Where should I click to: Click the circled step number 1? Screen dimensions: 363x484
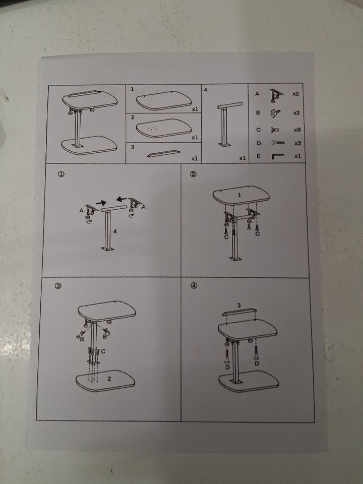61,174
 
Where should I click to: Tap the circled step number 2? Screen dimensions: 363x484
193,174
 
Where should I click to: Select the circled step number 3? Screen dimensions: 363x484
57,286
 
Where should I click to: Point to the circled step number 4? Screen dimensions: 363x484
194,286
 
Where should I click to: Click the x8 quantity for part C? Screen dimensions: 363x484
297,130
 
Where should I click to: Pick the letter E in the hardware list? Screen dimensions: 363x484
258,156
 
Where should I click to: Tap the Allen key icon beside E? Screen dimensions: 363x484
277,156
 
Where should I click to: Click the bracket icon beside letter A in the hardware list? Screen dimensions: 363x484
277,95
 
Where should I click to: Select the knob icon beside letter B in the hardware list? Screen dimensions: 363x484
275,113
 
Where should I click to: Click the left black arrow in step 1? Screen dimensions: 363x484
101,203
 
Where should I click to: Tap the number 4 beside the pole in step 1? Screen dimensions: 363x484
115,231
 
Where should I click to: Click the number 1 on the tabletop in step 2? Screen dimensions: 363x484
239,195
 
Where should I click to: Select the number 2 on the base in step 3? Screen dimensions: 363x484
109,379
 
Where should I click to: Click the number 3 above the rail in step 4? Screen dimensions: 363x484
239,306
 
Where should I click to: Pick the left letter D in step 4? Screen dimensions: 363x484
227,367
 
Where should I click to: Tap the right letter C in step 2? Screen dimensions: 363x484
258,233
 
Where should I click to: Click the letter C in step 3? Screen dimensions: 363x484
103,351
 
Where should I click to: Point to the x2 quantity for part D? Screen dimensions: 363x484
297,143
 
